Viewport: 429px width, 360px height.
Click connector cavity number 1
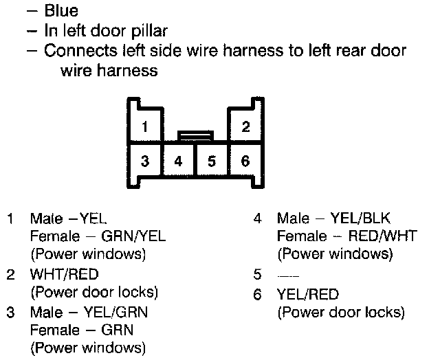click(144, 126)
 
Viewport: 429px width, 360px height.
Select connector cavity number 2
click(245, 126)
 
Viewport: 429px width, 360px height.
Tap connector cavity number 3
click(144, 161)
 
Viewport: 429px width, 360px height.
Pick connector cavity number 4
click(178, 161)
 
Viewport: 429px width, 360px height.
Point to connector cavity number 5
click(212, 161)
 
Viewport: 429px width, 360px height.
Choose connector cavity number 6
click(245, 161)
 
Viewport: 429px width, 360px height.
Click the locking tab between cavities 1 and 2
click(195, 135)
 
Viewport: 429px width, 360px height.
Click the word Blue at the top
click(61, 11)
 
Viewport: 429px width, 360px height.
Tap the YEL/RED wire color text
click(308, 294)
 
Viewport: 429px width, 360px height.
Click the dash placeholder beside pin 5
click(283, 275)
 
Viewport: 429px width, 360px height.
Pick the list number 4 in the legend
click(257, 219)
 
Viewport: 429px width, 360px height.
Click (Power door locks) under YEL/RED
click(340, 312)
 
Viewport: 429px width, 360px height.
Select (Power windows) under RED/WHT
click(335, 254)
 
